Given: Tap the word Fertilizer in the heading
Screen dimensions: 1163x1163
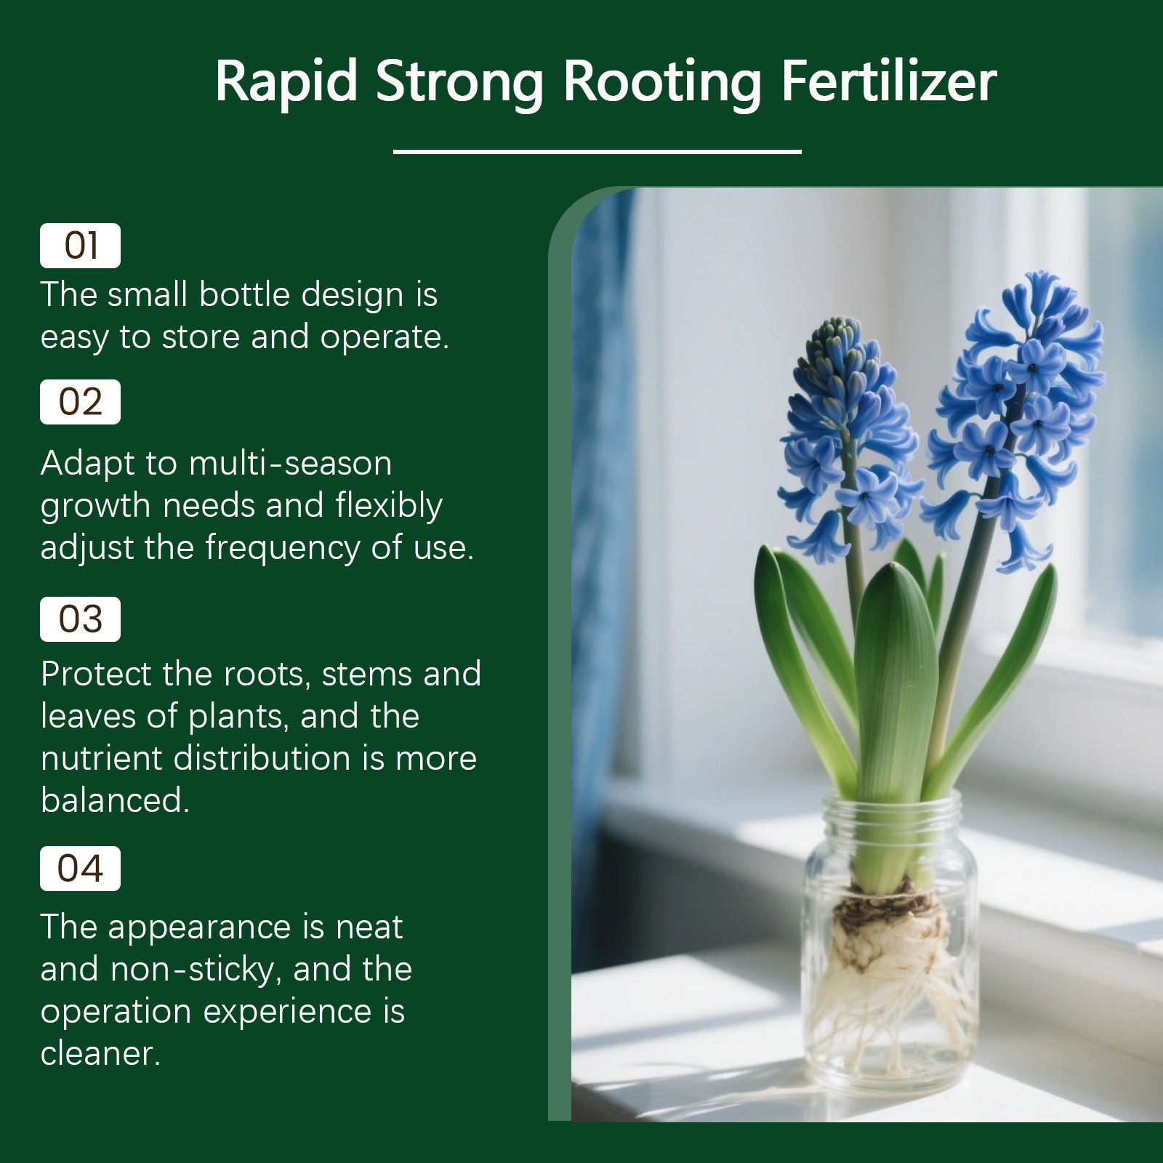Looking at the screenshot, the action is (888, 81).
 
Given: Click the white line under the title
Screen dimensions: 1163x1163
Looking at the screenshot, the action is (597, 151).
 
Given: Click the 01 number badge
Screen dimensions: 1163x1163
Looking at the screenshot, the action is (80, 246).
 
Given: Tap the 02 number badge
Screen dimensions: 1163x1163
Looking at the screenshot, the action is (80, 402).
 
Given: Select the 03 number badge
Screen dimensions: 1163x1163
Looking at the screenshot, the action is (80, 619).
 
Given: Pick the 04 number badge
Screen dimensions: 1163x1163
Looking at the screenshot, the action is (80, 869).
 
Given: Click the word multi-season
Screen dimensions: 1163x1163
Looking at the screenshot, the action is (291, 463).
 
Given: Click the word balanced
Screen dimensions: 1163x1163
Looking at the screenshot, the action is (115, 800).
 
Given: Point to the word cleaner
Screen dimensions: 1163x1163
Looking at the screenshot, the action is (100, 1054).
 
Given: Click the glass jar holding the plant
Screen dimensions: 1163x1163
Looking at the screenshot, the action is (890, 945).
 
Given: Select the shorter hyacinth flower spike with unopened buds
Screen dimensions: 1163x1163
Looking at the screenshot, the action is (847, 436).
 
